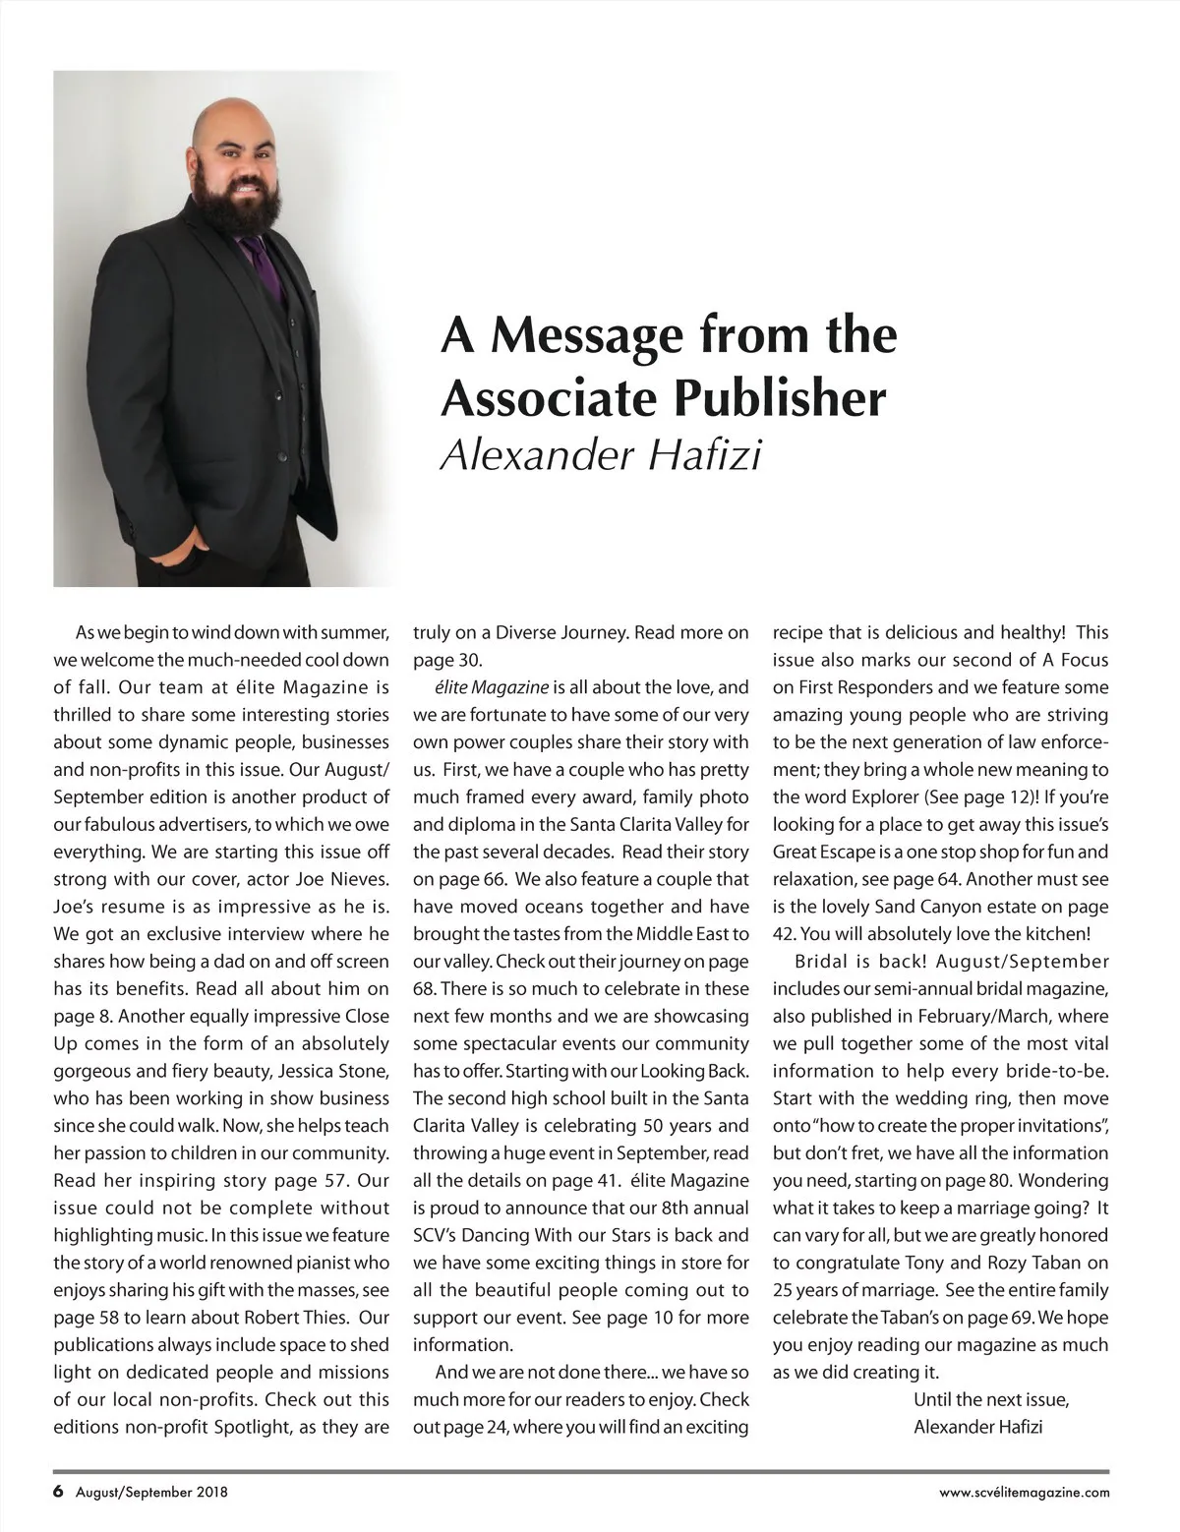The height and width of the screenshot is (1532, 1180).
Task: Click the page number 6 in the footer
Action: point(59,1492)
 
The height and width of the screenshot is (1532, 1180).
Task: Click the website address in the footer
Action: point(1025,1493)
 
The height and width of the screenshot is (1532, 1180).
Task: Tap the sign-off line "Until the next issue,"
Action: point(991,1399)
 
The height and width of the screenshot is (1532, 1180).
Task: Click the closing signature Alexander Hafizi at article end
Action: point(978,1427)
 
